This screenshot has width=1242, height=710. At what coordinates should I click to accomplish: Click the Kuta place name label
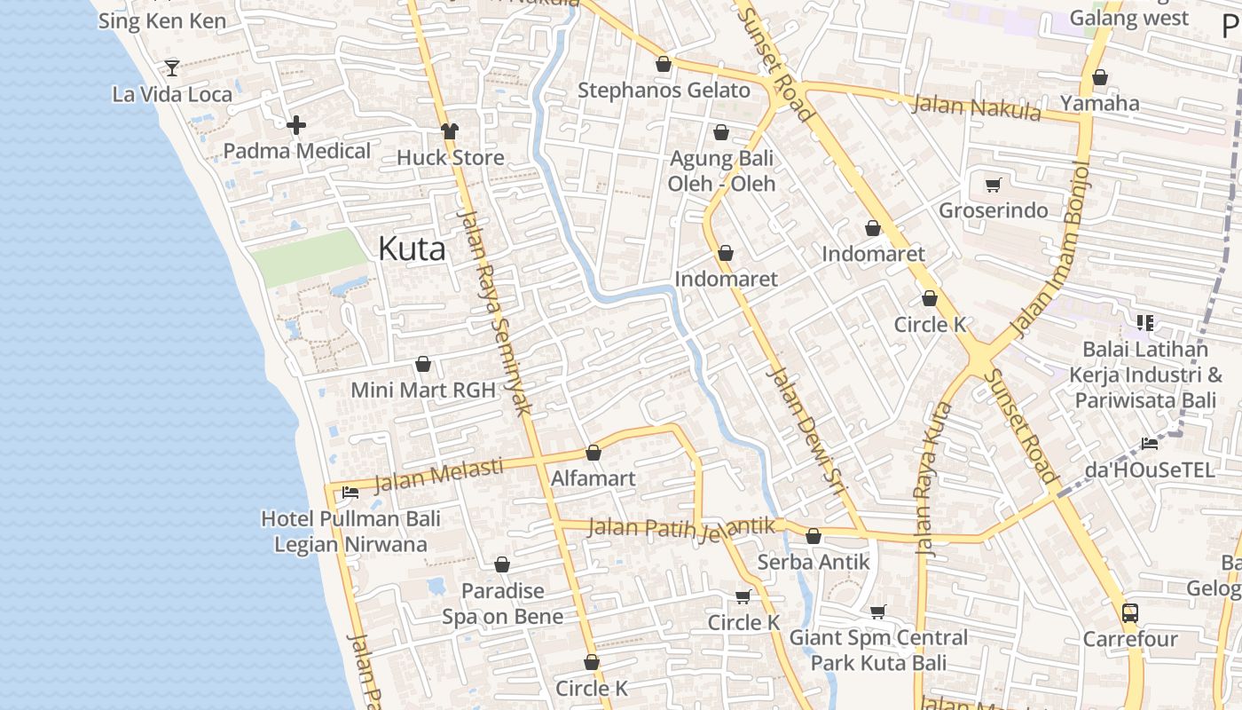pos(412,248)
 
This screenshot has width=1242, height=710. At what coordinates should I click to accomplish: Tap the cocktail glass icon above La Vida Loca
pos(172,67)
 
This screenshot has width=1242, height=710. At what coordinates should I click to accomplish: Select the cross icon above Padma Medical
pos(296,125)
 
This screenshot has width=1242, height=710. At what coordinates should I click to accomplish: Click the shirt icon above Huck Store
pos(450,131)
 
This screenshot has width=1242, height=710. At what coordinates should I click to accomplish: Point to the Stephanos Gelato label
pos(664,91)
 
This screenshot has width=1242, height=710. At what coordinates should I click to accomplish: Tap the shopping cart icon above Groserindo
pos(993,185)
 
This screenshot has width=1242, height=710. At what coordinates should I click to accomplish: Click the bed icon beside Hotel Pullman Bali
pos(350,492)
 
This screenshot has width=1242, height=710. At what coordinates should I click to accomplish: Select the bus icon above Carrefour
pos(1129,612)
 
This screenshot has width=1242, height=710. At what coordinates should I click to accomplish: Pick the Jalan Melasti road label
pos(438,474)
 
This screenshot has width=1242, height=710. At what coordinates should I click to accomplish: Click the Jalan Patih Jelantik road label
pos(681,528)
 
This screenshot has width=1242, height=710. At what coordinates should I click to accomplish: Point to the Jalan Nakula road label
pos(976,107)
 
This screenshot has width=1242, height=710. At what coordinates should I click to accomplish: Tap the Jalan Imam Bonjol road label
pos(1050,250)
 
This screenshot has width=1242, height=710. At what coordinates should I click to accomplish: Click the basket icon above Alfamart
pos(593,453)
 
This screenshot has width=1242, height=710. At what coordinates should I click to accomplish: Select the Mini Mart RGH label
pos(423,390)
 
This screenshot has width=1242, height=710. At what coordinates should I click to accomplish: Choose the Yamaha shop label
pos(1100,103)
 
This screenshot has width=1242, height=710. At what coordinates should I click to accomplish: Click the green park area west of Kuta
pos(310,257)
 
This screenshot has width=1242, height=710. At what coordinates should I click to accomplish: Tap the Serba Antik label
pos(814,562)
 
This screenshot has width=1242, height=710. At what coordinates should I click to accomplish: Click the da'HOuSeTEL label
pos(1149,470)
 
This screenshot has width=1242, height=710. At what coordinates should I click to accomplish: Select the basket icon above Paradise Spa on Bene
pos(502,564)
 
